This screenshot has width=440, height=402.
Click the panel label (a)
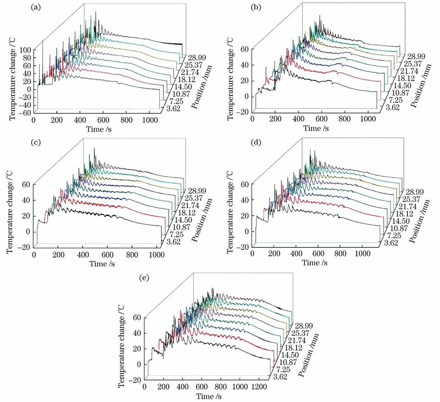pos(35,8)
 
